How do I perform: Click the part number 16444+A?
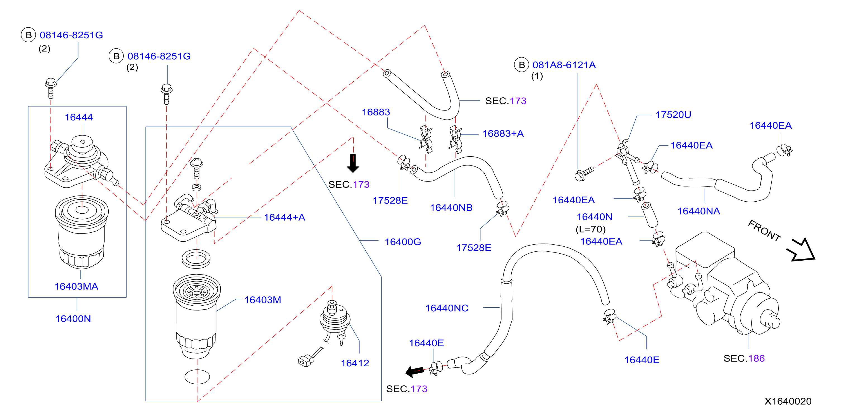coord(284,217)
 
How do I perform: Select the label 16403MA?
coord(76,286)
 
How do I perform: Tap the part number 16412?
coord(355,363)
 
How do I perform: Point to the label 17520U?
coord(673,115)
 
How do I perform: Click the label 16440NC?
coord(447,308)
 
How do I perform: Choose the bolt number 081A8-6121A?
coord(564,65)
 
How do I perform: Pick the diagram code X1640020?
coord(788,401)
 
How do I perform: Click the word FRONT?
coord(764,231)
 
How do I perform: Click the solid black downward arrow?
coord(353,163)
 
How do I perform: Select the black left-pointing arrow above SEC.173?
coord(414,371)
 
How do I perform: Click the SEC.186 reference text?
coord(744,358)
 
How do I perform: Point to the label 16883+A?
coord(503,133)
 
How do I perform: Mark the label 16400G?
coord(403,242)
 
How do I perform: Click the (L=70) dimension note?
coord(590,229)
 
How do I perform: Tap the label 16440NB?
coord(451,208)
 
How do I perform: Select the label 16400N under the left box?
coord(73,319)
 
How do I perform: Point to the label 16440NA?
coord(698,211)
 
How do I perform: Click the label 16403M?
coord(263,300)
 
